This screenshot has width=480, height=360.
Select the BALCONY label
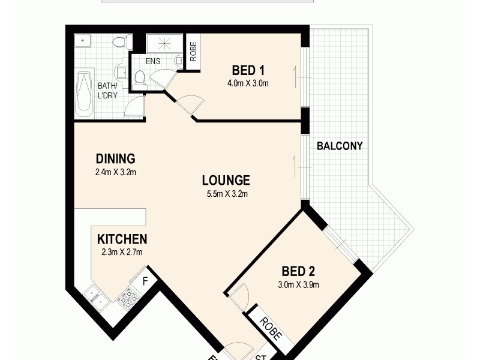(340, 146)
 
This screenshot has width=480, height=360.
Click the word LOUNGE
(226, 180)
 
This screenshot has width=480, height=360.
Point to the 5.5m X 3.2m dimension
(226, 193)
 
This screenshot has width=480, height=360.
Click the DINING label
(115, 159)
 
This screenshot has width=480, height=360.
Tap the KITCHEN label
(122, 239)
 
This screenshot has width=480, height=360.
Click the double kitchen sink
(95, 295)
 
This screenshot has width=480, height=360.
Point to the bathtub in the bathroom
(85, 94)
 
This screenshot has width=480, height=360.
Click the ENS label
(153, 61)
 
